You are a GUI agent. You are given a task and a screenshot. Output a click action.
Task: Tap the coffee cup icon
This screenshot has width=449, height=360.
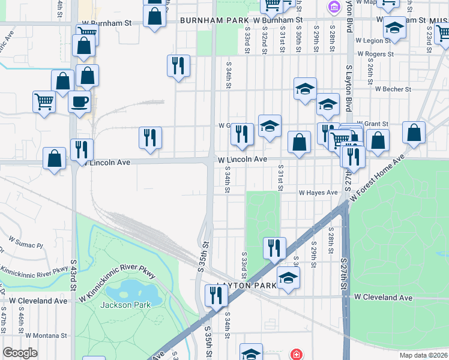(79, 101)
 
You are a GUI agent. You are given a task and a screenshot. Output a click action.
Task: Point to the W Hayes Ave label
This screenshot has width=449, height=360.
(319, 193)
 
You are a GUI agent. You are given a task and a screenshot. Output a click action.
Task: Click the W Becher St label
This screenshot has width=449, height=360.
(393, 89)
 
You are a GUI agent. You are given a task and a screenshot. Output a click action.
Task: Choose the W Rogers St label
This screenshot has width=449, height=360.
(375, 54)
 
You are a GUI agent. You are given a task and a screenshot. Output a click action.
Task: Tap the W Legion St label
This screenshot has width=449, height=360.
(374, 40)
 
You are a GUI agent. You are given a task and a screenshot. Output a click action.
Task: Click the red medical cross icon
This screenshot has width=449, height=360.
(296, 354)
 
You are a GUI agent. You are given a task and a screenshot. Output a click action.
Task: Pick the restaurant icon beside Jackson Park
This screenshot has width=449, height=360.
(214, 295)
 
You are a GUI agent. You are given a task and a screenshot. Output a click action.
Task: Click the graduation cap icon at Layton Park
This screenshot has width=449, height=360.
(288, 278)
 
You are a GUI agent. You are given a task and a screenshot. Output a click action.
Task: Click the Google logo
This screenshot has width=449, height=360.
(20, 353)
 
